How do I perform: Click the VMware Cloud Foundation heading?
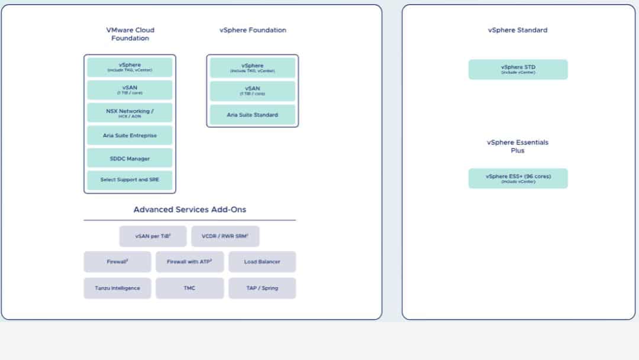tap(130, 34)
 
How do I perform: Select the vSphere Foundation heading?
tap(253, 30)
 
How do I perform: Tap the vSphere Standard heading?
tap(518, 30)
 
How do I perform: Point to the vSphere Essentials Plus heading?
tap(518, 146)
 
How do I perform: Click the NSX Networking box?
tap(130, 112)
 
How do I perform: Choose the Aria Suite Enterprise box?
tap(130, 136)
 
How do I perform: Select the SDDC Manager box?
tap(130, 158)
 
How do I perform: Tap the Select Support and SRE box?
tap(130, 180)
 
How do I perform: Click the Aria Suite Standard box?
tap(253, 114)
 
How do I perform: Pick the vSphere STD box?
tap(518, 69)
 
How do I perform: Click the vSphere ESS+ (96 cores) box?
tap(518, 178)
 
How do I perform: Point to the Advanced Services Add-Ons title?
tap(190, 210)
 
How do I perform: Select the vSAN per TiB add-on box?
tap(153, 236)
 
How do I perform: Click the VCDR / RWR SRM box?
tap(225, 236)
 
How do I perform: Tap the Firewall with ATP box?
tap(189, 262)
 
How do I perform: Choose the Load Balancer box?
tap(262, 262)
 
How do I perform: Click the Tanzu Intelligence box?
tap(117, 288)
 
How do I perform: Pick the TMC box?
tap(189, 288)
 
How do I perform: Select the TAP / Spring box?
tap(262, 288)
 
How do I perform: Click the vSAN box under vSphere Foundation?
tap(253, 91)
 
